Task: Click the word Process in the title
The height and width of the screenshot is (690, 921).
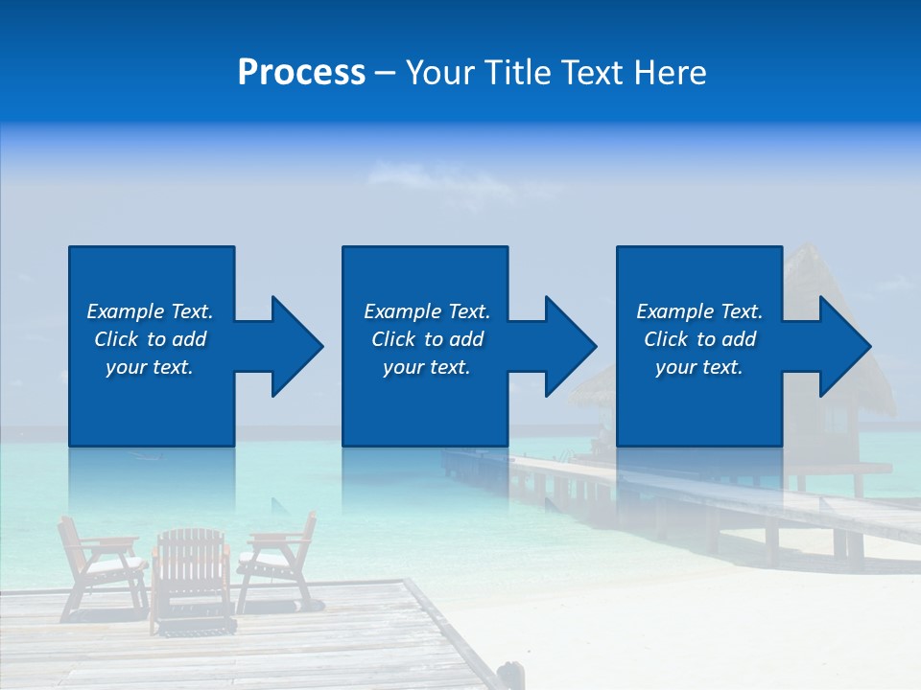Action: tap(301, 73)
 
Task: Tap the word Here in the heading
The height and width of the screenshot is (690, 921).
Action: tap(670, 73)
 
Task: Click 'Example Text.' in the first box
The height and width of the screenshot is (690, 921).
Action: tap(150, 311)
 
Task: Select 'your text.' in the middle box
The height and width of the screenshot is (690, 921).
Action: tap(426, 367)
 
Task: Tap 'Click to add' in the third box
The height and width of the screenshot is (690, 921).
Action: tap(699, 339)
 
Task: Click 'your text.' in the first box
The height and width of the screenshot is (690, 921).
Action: tap(150, 367)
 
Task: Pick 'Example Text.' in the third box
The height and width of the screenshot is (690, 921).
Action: tap(699, 311)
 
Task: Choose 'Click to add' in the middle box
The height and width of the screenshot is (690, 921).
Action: tap(426, 339)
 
